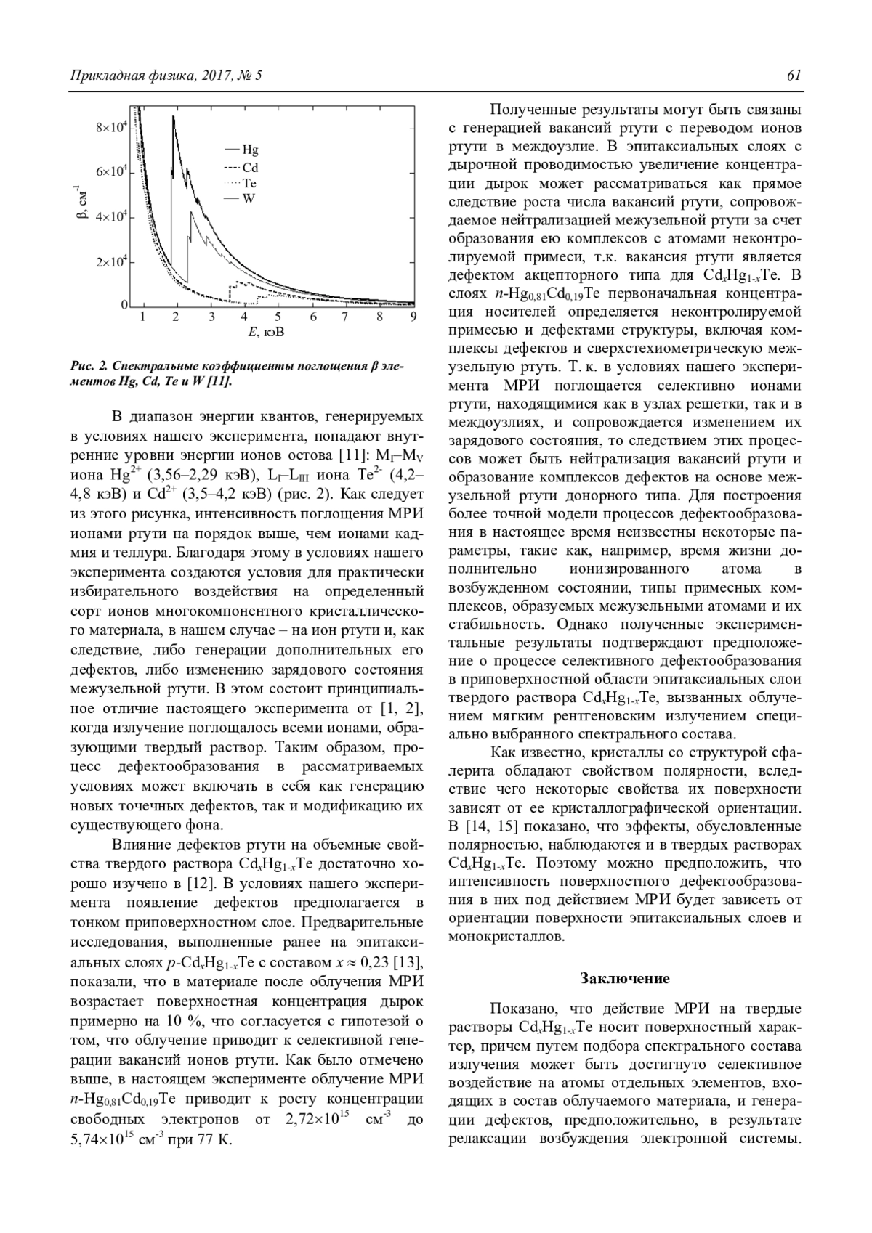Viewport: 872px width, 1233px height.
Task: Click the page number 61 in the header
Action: coord(794,76)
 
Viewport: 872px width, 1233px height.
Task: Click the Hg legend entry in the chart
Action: coord(250,150)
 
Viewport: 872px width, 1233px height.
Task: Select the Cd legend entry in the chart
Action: coord(250,167)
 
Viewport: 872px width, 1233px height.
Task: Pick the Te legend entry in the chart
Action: coord(249,183)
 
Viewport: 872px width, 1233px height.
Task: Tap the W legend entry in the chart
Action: coord(249,198)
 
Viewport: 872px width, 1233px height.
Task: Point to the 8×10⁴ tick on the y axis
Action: coord(112,128)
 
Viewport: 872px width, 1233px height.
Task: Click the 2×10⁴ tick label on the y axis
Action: coord(112,262)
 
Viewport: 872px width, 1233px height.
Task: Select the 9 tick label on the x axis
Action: coord(413,317)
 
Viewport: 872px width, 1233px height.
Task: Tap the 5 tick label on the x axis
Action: coord(278,317)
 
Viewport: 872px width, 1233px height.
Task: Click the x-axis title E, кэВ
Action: coord(265,333)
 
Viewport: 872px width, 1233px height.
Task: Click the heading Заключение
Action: coord(625,978)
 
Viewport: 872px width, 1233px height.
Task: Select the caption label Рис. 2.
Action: coord(90,367)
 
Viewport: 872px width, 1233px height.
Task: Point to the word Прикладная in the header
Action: coord(103,76)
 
